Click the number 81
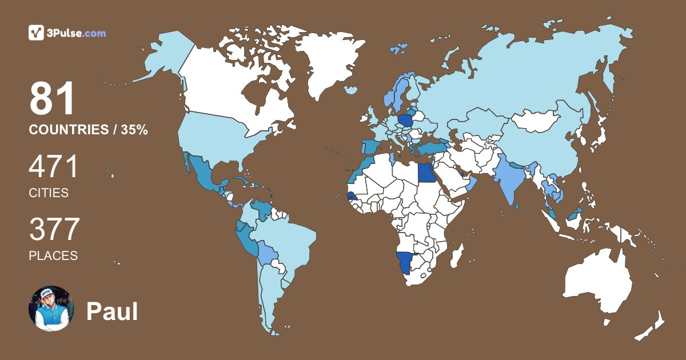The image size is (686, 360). click(53, 100)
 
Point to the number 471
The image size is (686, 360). click(54, 167)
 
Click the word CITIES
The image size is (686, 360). click(49, 193)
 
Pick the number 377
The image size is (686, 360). click(54, 230)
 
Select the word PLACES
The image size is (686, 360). click(53, 256)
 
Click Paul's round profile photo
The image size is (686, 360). click(51, 308)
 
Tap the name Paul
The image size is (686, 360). click(112, 312)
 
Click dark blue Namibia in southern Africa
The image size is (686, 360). click(406, 263)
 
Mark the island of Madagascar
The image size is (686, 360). click(456, 255)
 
